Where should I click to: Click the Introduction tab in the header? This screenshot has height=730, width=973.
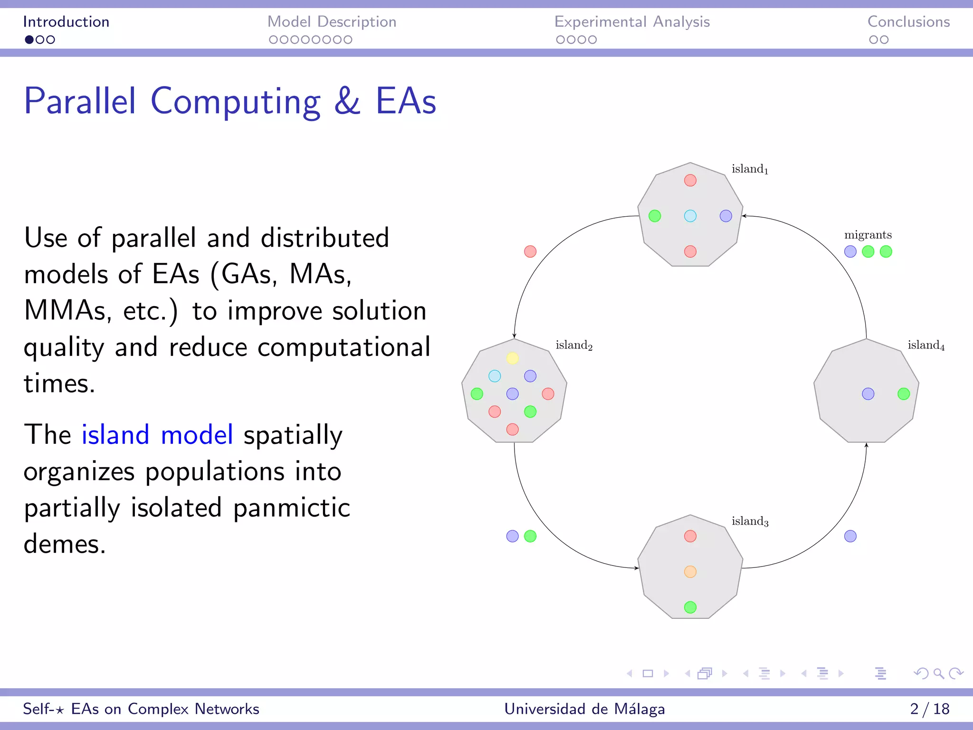pos(66,22)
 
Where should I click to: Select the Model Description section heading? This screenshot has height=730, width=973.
pos(332,22)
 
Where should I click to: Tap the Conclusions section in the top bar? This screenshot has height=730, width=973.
pos(908,22)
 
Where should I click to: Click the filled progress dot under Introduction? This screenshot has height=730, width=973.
pos(29,40)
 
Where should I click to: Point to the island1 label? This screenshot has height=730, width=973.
pos(750,169)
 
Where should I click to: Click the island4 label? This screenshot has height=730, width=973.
pos(926,345)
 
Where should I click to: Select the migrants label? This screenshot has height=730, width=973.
pos(868,235)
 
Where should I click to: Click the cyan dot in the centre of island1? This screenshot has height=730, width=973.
pos(690,216)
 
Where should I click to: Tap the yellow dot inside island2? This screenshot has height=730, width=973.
pos(512,358)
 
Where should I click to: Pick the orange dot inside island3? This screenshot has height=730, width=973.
pos(690,572)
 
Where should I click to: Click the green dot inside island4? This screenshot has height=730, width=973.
pos(904,394)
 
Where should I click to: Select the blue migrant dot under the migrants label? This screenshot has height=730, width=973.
pos(850,251)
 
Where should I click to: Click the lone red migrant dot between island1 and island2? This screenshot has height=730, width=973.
pos(530,251)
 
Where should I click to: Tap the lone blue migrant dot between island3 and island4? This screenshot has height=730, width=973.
pos(850,536)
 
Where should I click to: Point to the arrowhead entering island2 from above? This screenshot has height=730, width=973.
pos(514,336)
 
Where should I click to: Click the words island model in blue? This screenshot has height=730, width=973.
pos(157,434)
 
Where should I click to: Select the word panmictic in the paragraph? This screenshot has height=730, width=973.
pos(292,508)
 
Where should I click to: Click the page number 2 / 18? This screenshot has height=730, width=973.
pos(929,709)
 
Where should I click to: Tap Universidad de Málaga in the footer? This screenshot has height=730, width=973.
pos(584,709)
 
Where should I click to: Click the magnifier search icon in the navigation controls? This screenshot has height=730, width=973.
pos(938,673)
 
